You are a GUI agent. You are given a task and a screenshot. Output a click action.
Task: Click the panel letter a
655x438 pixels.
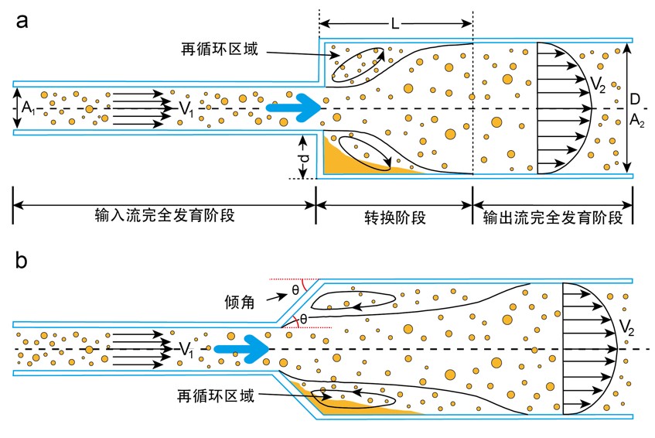(x=22, y=21)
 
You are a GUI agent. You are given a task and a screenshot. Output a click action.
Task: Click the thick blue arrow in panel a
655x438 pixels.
(x=293, y=108)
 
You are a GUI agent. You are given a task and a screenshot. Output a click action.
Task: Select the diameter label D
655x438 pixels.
(x=635, y=100)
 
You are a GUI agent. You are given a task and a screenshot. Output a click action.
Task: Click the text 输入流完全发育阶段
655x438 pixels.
(x=164, y=216)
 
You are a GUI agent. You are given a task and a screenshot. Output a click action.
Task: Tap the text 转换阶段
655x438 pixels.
(x=394, y=216)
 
